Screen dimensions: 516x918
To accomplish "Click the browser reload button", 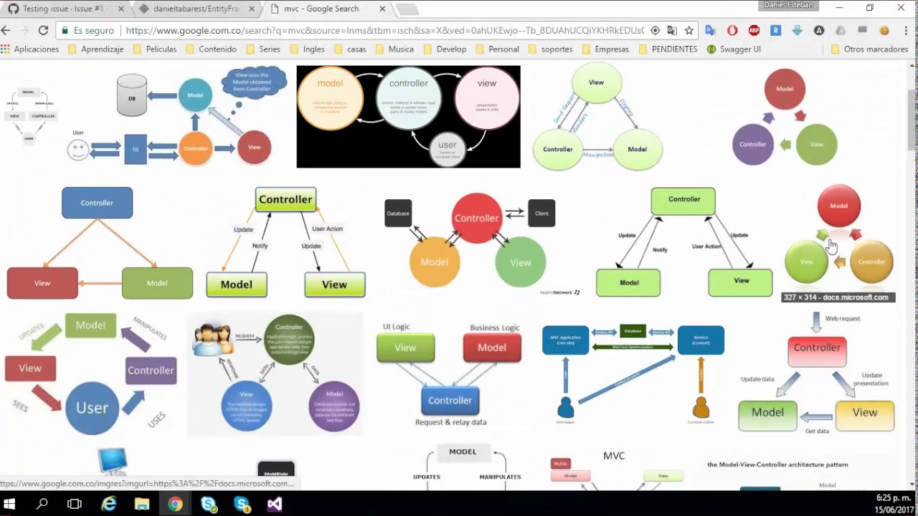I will coord(43,31).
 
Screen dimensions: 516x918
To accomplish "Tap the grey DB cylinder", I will coord(132,95).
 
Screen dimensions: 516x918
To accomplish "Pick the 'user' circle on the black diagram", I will coord(448,148).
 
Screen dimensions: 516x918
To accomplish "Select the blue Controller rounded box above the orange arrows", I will coord(97,203).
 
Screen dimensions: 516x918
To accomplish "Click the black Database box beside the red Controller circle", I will coord(398,214).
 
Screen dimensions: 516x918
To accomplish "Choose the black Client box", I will coord(541,214).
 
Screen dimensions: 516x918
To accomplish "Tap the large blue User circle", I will coord(92,408).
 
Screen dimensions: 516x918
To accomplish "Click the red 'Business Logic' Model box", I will coord(492,348).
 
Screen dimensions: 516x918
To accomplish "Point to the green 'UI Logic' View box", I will coord(405,348).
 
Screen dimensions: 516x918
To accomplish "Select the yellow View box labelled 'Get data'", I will coord(864,414).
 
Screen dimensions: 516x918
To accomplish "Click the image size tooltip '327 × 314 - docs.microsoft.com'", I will coord(836,297).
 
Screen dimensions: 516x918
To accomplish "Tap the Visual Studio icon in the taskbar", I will coord(275,505).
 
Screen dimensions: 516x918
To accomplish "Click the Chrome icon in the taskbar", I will coord(175,505).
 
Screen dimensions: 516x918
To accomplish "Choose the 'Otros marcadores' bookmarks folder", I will coord(870,49).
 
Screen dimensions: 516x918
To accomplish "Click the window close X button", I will coord(901,8).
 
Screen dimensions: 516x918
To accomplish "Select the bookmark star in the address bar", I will coord(689,31).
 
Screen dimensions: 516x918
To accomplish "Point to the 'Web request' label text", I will coord(842,318).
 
